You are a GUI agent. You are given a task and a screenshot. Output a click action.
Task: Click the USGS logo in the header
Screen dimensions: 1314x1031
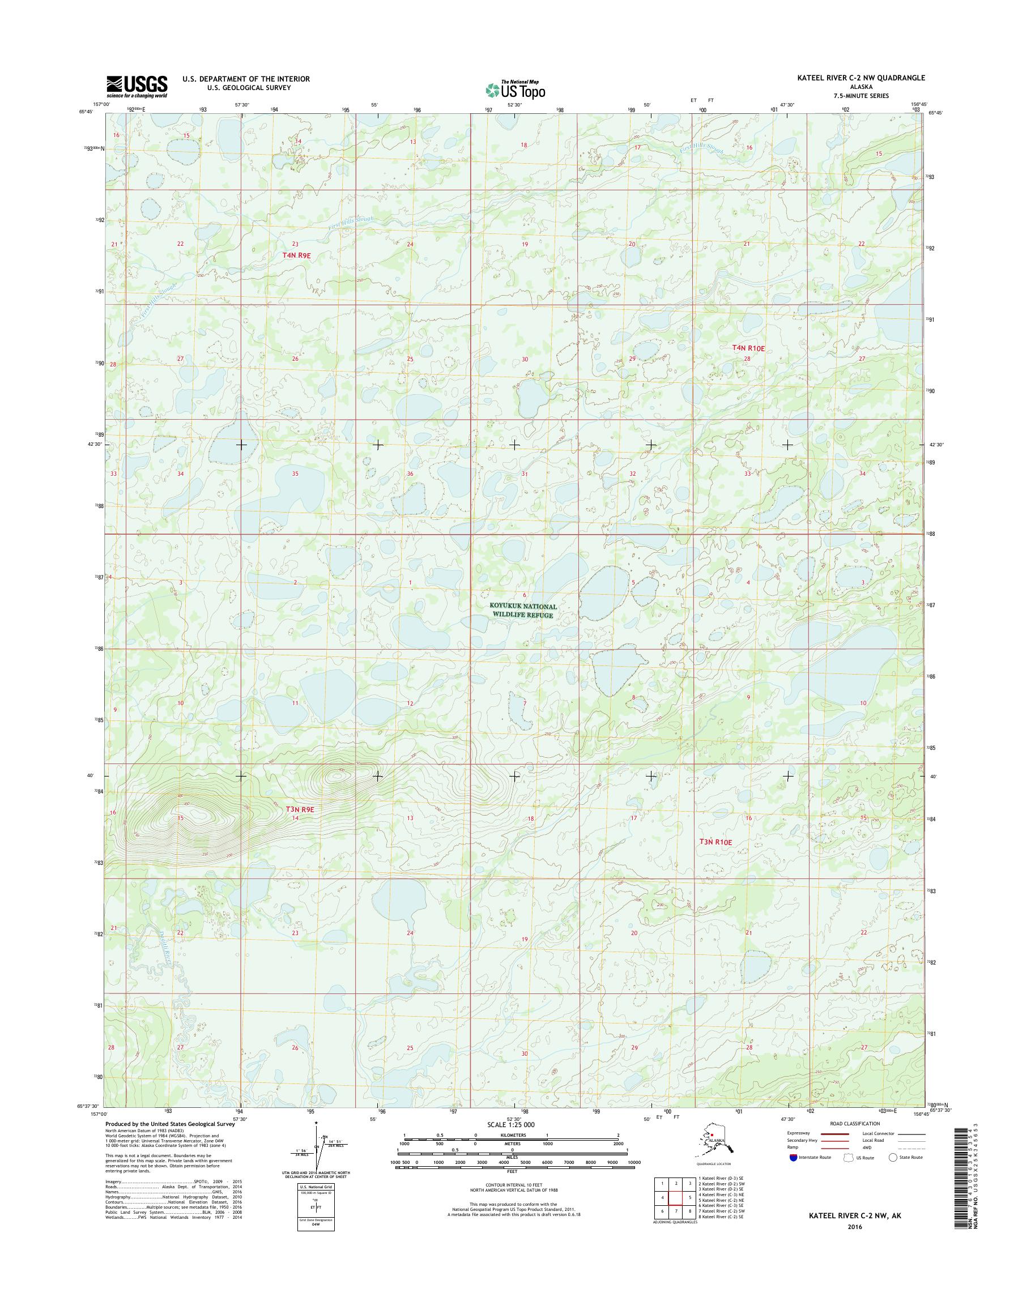(137, 87)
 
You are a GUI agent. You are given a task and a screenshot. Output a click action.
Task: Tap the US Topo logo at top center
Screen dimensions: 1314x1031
(515, 89)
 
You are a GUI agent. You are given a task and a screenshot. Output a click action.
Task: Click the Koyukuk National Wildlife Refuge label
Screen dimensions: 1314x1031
(523, 610)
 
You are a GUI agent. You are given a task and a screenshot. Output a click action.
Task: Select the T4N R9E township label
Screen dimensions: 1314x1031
(296, 255)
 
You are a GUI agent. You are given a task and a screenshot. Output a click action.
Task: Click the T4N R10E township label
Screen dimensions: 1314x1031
(748, 348)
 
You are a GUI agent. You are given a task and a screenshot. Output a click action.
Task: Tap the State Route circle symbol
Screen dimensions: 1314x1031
(893, 1158)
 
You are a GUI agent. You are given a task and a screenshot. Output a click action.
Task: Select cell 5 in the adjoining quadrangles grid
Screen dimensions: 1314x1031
(689, 1197)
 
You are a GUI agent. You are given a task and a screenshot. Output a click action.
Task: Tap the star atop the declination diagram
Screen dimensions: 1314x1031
(316, 1124)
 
